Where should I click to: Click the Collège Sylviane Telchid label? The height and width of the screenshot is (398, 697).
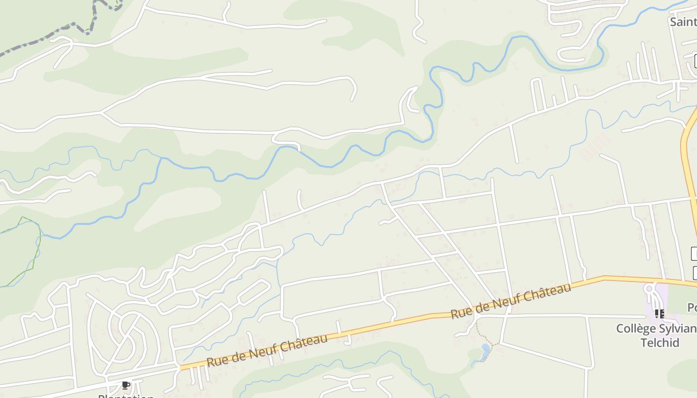coord(656,335)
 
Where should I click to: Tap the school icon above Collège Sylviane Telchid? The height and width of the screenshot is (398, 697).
coord(659,313)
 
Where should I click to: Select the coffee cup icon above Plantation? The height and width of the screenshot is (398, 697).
coord(126,385)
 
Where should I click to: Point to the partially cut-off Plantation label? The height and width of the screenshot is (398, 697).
coord(126,396)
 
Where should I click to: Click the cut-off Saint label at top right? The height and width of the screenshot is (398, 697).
coord(683,22)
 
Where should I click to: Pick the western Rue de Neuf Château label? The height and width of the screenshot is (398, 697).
coord(267,351)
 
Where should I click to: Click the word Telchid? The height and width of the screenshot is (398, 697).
coord(660,342)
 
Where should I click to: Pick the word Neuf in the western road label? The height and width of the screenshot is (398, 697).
coord(268,351)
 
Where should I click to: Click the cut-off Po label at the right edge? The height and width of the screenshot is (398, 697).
coord(692,307)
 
